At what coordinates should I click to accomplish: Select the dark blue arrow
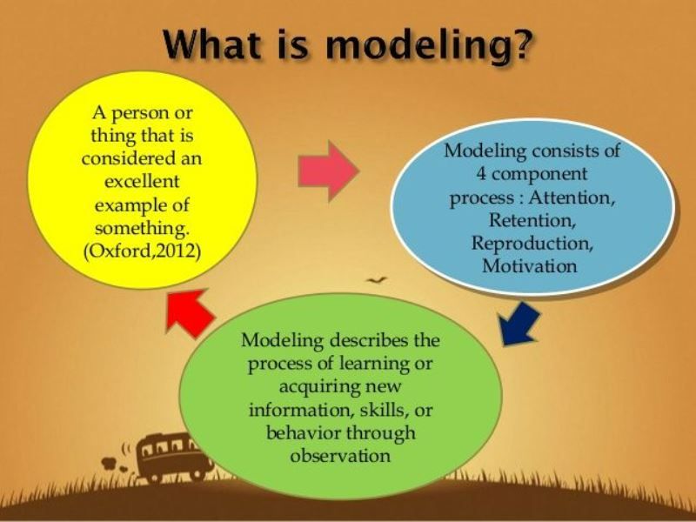[x=520, y=321]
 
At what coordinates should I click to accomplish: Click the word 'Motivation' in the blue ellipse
[x=530, y=265]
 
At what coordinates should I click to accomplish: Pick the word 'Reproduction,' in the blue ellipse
[x=530, y=242]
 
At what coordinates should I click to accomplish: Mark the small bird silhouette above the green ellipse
[x=377, y=281]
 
